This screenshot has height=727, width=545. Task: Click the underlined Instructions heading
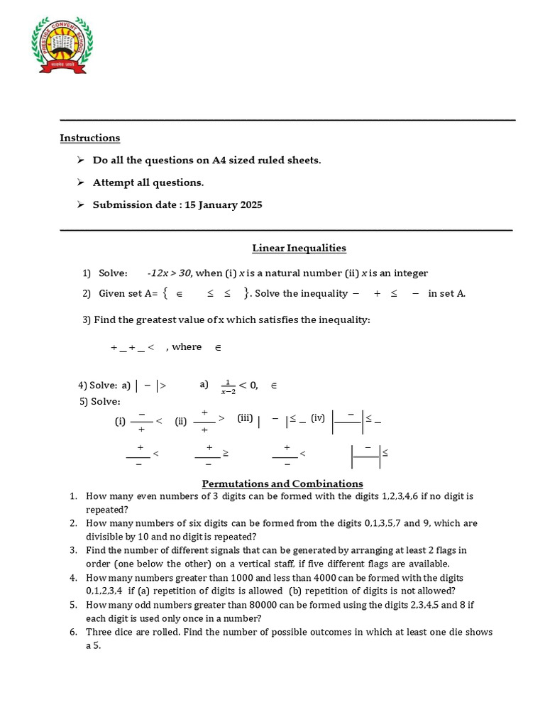coord(89,138)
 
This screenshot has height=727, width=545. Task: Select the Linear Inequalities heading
coord(299,248)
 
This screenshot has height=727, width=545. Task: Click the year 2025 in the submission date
coord(250,205)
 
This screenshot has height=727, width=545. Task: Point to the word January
coord(217,205)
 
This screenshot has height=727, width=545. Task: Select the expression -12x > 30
coord(169,273)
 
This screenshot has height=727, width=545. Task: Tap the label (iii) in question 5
coord(245,419)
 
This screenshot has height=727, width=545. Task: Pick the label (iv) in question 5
coord(317,418)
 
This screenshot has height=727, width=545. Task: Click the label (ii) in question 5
coord(181,421)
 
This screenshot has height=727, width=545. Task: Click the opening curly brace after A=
coord(165,293)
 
